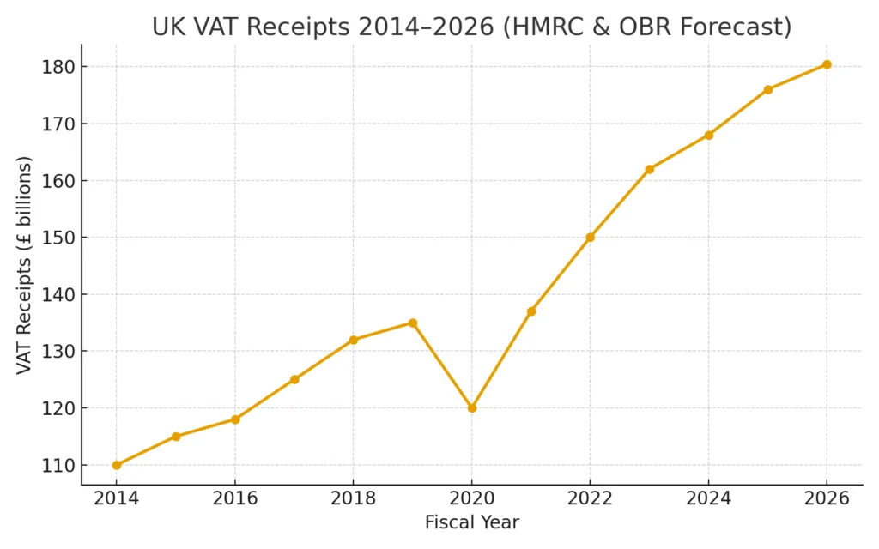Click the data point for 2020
coord(472,408)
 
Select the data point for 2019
coord(413,323)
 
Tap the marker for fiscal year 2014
coord(117,465)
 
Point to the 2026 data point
coord(827,64)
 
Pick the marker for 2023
coord(649,169)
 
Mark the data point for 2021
coord(531,311)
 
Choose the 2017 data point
coord(294,379)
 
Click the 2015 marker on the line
coord(176,437)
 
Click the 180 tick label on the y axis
coord(58,67)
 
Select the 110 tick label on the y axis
coord(58,465)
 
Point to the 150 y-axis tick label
coord(58,238)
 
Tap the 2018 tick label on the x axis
coord(353,498)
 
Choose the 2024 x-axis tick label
coord(708,498)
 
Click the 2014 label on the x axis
coord(117,498)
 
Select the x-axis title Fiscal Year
coord(471,522)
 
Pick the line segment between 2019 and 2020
coord(442,365)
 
